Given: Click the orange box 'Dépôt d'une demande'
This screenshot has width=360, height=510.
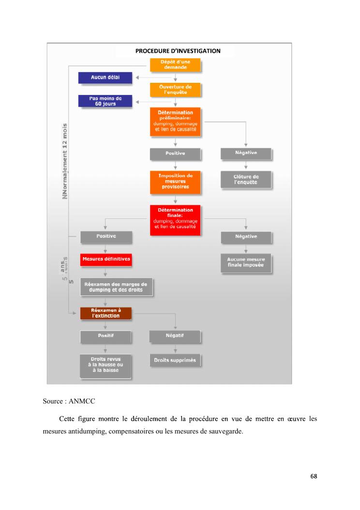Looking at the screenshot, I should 175,65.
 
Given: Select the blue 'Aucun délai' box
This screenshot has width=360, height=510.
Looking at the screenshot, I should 105,77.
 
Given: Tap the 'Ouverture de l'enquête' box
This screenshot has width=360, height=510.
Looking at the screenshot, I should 175,90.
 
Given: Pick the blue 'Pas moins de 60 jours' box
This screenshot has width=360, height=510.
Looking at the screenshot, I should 105,101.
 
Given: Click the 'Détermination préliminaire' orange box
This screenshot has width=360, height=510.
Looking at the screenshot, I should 175,121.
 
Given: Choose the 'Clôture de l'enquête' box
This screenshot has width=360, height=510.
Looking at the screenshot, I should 246,180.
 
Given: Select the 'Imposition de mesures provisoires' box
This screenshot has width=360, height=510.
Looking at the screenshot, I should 175,181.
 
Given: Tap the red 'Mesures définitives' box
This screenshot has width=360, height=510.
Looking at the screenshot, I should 106,259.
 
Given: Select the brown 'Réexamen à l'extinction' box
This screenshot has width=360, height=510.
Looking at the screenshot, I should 105,313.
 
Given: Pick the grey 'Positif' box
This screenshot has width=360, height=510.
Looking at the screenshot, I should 105,336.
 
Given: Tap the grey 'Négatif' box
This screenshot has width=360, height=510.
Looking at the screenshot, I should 175,336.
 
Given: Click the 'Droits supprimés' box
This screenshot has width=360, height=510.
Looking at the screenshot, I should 175,360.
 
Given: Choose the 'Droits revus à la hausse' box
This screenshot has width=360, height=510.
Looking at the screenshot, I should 105,365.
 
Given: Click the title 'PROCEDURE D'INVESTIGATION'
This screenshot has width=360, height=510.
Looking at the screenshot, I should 178,51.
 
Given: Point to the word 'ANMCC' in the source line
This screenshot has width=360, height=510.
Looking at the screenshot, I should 77,401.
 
